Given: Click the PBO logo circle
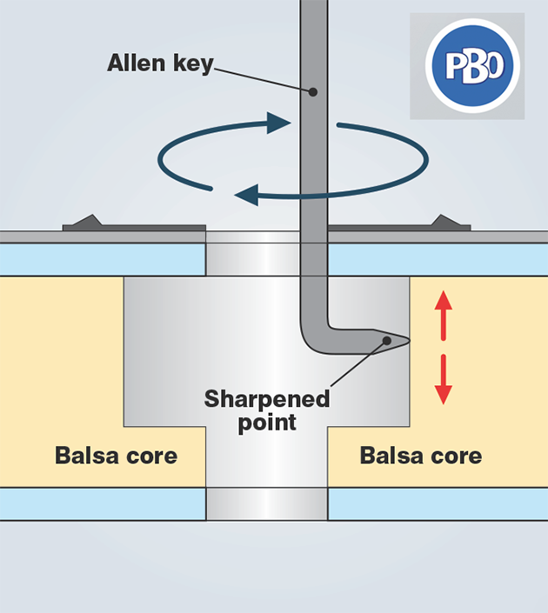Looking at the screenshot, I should tap(472, 66).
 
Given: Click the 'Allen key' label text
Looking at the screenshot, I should tap(160, 63).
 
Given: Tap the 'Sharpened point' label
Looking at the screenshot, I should tap(267, 410).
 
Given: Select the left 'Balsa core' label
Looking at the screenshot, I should tap(116, 456).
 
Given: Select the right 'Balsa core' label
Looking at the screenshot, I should tap(421, 456).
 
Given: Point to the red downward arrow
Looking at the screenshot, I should tap(444, 381).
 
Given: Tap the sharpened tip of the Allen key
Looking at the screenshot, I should tap(403, 338).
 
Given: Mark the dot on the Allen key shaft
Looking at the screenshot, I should tap(313, 91).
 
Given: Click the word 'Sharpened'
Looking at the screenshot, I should tap(267, 400).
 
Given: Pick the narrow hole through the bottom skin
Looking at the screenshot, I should tap(267, 503).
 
